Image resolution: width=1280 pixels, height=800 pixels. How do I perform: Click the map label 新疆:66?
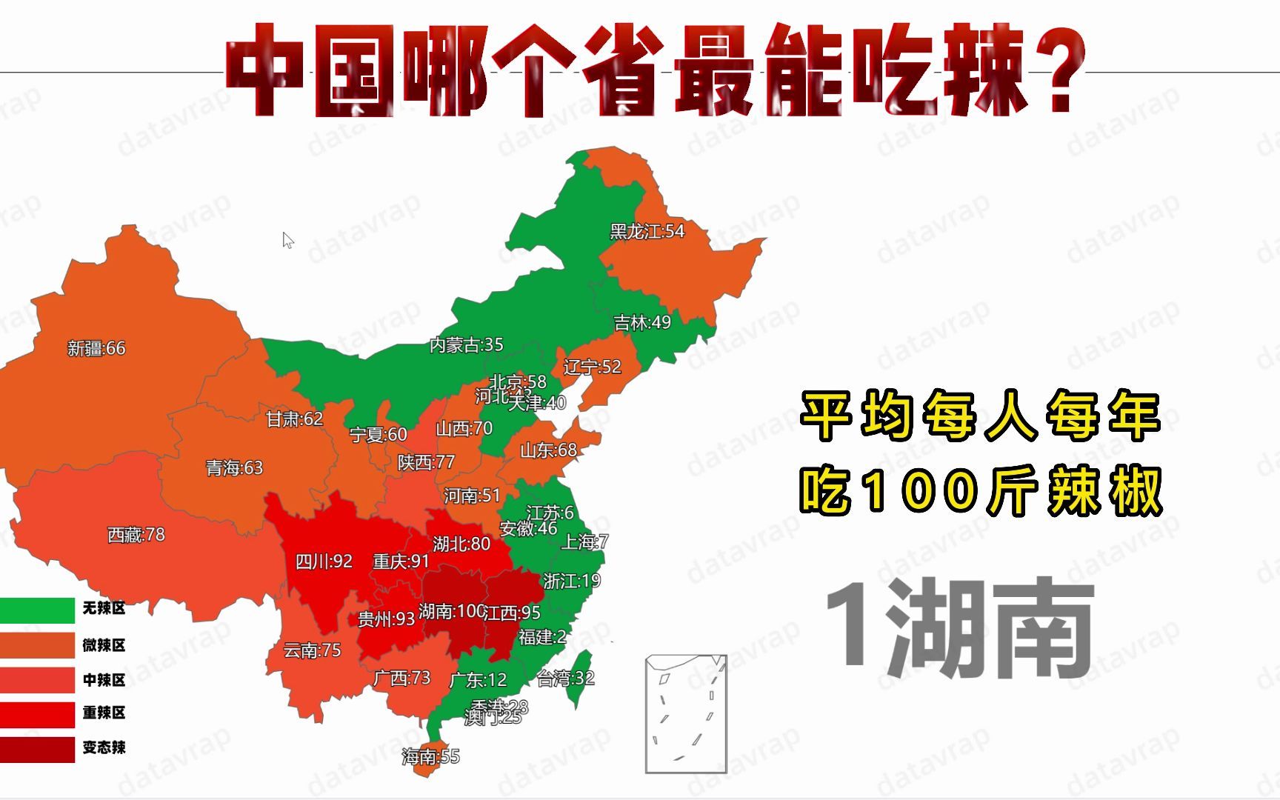(x=96, y=348)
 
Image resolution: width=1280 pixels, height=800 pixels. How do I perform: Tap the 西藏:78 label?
(x=136, y=535)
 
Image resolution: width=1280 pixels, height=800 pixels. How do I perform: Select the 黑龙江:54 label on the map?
(x=647, y=232)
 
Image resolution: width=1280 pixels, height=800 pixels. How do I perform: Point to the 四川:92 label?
(x=324, y=561)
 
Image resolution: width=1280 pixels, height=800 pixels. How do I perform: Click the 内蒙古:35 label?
(x=466, y=344)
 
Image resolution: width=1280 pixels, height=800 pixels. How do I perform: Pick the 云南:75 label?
(x=312, y=650)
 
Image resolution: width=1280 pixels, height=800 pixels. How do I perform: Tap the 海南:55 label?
(x=430, y=756)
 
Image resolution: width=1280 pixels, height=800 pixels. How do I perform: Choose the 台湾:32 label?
(x=565, y=678)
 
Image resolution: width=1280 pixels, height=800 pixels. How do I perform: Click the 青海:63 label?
(x=234, y=468)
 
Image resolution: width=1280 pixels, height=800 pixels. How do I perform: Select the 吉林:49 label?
(x=642, y=322)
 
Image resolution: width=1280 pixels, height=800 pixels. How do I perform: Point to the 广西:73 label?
(x=401, y=678)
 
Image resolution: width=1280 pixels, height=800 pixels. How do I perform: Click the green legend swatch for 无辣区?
(x=37, y=610)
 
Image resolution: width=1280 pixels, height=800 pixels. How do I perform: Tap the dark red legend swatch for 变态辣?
(x=37, y=748)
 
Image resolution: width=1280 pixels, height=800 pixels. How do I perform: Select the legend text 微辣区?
(x=104, y=645)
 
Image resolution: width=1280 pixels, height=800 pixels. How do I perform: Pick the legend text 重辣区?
(x=104, y=713)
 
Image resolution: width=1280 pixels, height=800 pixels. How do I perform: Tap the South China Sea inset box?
(x=686, y=713)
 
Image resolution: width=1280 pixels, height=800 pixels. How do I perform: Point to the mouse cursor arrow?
(x=287, y=240)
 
